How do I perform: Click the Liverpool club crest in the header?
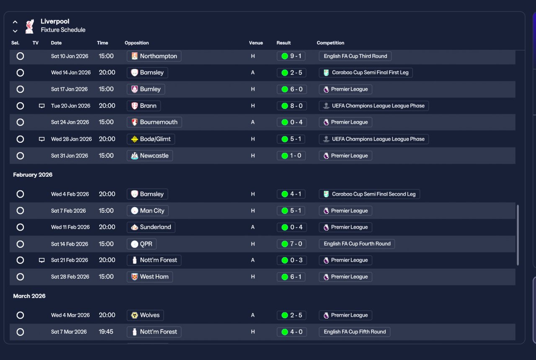point(30,26)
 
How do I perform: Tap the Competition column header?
point(330,43)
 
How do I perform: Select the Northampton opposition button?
point(154,56)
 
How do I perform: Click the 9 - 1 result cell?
point(291,56)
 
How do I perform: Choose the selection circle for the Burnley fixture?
point(20,89)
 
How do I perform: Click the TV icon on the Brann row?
point(41,106)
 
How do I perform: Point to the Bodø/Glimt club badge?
point(134,139)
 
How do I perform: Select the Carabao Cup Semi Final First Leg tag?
point(366,72)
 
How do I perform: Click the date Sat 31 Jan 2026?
point(70,156)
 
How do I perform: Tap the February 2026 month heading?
point(33,175)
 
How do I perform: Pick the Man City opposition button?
point(148,211)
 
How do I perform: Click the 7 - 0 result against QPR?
point(291,244)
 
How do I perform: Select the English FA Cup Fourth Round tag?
point(357,244)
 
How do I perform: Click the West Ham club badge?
point(134,277)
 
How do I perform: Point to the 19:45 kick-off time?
point(106,332)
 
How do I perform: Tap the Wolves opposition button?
point(145,315)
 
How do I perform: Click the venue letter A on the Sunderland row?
point(253,227)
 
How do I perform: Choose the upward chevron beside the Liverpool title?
point(15,22)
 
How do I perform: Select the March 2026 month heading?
point(29,296)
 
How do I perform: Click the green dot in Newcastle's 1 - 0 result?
point(284,156)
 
